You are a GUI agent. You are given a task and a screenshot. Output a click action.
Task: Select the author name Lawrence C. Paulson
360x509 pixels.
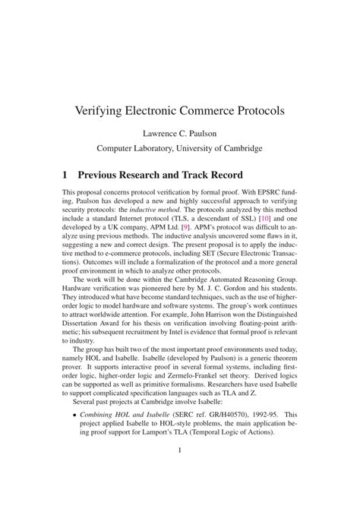coord(179,133)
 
